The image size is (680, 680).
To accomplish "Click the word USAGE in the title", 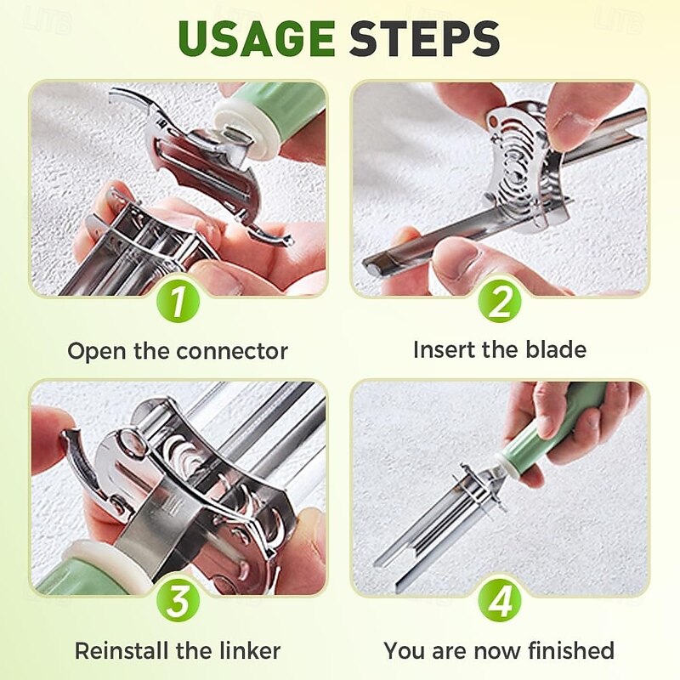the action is (x=257, y=38).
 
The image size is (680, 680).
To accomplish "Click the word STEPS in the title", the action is (x=425, y=38).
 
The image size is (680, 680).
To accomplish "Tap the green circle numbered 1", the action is (x=178, y=302).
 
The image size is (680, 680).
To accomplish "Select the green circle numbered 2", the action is (x=500, y=302).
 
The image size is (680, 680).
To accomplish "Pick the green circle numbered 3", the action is (x=178, y=601).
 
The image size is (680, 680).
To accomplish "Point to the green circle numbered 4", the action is (x=500, y=601).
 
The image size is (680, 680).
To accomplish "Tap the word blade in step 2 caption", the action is (x=556, y=349).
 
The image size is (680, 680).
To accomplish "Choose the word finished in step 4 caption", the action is (x=571, y=650).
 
